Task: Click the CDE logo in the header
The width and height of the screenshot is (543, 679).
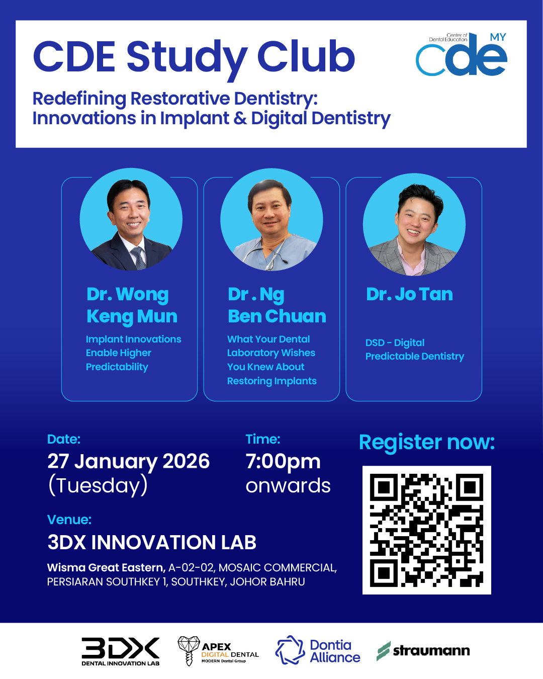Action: click(461, 54)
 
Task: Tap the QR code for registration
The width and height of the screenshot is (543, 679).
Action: click(426, 530)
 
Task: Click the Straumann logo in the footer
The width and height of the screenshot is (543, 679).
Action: click(423, 651)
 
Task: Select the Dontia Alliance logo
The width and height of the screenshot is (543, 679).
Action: click(318, 651)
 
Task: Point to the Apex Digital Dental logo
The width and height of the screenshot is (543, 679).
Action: click(218, 651)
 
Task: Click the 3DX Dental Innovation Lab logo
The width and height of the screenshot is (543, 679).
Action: click(121, 651)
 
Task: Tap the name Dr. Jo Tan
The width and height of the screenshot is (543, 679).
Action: click(410, 294)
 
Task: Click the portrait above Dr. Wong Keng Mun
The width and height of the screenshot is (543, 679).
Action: click(131, 219)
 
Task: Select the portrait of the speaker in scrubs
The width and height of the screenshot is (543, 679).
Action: click(271, 220)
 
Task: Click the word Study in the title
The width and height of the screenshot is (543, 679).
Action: click(188, 58)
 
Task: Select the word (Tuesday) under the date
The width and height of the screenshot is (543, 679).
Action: click(98, 485)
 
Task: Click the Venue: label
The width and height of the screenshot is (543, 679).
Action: click(69, 520)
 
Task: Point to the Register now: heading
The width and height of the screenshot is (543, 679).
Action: click(427, 443)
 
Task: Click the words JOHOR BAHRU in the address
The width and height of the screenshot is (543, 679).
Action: click(267, 581)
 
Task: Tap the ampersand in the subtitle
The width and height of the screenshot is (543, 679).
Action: click(240, 118)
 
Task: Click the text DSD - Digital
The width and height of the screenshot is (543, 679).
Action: click(395, 343)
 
